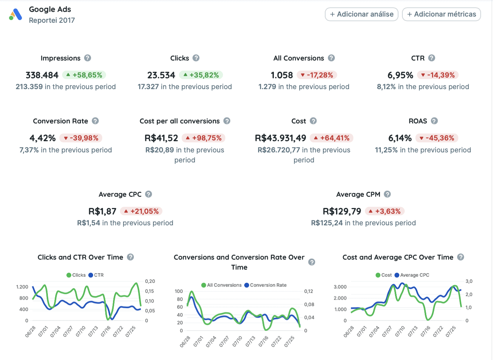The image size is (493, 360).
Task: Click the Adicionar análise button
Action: pyautogui.click(x=361, y=14)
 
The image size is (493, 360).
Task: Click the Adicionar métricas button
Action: pyautogui.click(x=441, y=14)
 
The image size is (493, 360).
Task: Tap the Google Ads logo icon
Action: pyautogui.click(x=16, y=15)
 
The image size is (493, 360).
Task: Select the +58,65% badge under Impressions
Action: pyautogui.click(x=84, y=75)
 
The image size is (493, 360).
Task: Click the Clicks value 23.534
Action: pyautogui.click(x=161, y=75)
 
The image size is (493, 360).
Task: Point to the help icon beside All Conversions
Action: pyautogui.click(x=331, y=58)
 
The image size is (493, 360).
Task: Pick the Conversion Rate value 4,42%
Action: pyautogui.click(x=42, y=138)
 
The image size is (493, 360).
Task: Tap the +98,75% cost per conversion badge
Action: pyautogui.click(x=204, y=138)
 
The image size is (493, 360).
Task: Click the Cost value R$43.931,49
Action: pyautogui.click(x=280, y=138)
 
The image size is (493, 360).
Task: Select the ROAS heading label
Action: pyautogui.click(x=418, y=121)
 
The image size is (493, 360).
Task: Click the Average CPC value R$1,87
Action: pyautogui.click(x=102, y=211)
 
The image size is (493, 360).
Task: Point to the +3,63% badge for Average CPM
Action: pyautogui.click(x=385, y=211)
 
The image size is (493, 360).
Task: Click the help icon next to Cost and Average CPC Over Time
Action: pyautogui.click(x=460, y=257)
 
